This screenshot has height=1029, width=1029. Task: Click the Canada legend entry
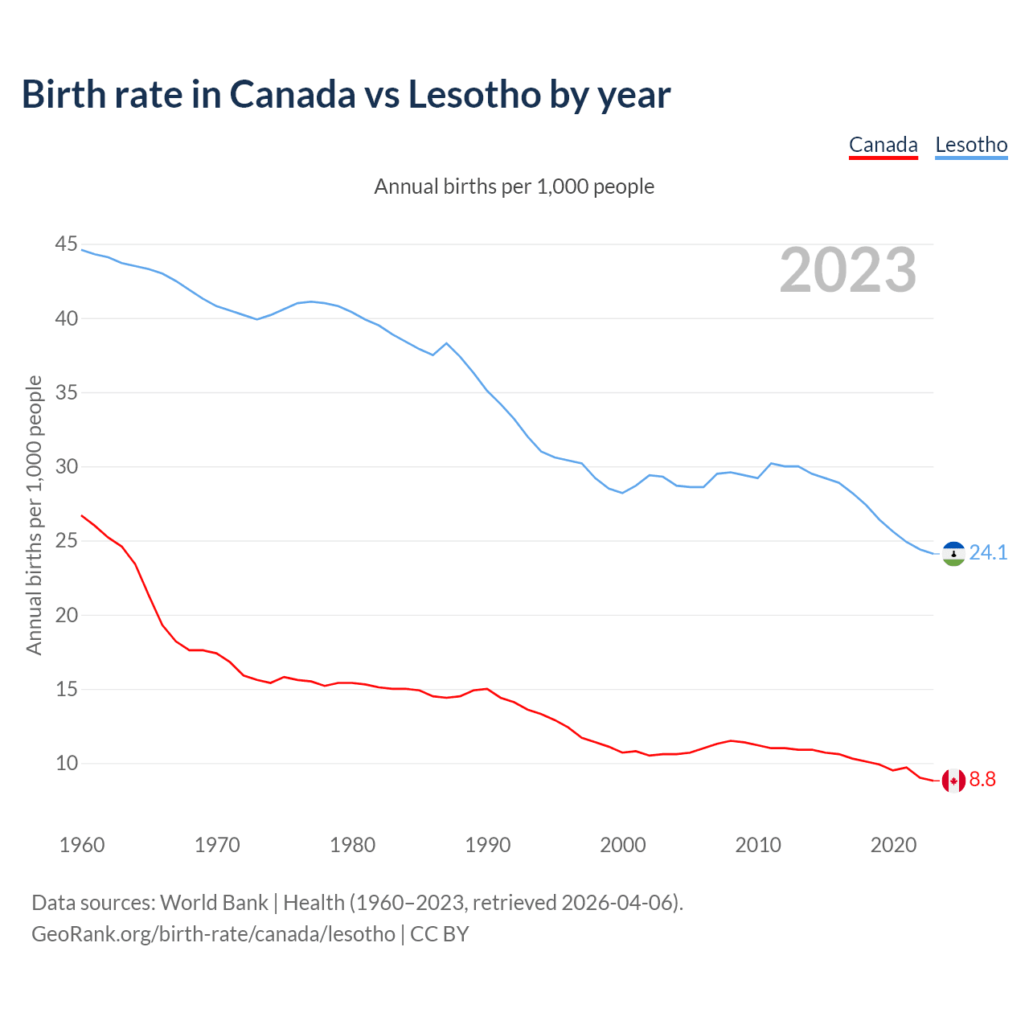pos(883,145)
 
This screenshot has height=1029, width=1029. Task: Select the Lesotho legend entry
pos(971,145)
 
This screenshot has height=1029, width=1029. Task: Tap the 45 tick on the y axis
pos(67,244)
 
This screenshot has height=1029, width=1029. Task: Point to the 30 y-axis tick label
pos(67,467)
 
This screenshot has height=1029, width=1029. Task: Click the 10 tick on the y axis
pos(67,764)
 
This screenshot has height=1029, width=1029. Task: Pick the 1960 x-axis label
pos(82,845)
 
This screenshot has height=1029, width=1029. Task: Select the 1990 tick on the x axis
pos(488,845)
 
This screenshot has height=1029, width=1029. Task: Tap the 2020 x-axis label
pos(893,845)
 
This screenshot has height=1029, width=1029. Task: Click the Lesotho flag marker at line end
pos(953,554)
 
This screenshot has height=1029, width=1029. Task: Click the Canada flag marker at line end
pos(953,781)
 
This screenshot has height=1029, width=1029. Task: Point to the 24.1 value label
pos(988,553)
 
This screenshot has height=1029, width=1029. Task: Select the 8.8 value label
pos(982,780)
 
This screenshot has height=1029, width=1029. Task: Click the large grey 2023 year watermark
pos(848,270)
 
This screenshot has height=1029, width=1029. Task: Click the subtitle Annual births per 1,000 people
pos(514,187)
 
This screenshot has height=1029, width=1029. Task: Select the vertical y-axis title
pos(34,514)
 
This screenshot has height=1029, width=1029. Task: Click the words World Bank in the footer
pos(214,903)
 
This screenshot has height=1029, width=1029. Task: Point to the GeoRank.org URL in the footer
pos(213,934)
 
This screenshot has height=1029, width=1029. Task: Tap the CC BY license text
pos(439,934)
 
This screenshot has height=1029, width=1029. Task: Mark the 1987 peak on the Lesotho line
pos(447,343)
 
